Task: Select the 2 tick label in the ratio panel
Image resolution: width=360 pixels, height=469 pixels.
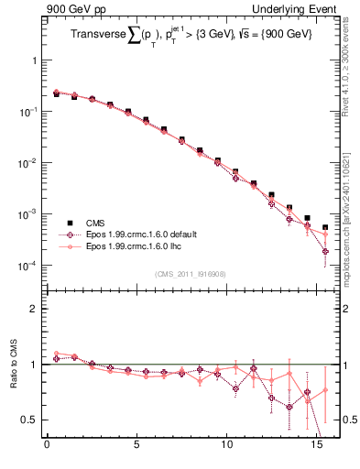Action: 34,309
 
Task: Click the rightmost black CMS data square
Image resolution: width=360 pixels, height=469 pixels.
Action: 325,227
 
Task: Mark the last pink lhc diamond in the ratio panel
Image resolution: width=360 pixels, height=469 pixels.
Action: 325,391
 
